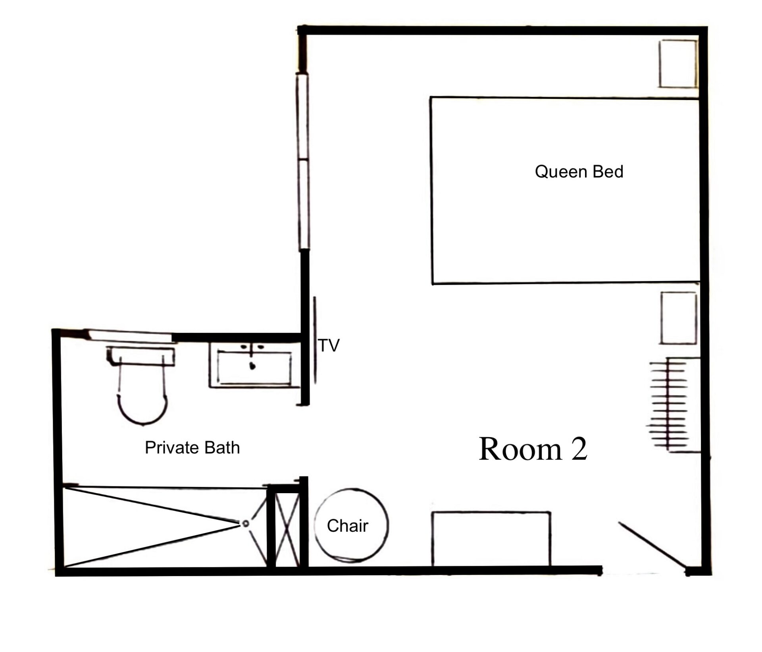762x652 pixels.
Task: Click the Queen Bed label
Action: [579, 172]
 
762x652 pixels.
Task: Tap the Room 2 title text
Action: [533, 449]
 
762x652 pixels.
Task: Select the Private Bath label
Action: [192, 448]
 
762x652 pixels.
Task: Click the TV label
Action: [329, 345]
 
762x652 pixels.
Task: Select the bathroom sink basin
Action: [254, 368]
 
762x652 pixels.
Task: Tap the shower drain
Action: [246, 524]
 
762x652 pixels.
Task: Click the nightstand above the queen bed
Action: [678, 64]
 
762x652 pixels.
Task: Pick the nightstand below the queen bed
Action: [679, 318]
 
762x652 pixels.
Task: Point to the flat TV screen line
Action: [315, 340]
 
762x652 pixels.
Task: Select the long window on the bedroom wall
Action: [303, 162]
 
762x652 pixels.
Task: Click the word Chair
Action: [348, 526]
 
